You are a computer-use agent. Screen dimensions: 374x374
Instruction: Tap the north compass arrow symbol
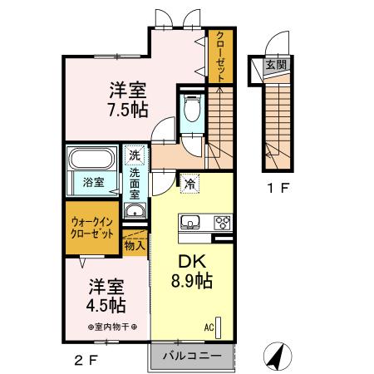277,357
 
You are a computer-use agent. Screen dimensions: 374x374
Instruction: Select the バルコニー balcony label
190,356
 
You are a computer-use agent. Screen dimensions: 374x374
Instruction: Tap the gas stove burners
223,222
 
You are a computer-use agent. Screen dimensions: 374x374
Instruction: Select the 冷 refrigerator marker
190,182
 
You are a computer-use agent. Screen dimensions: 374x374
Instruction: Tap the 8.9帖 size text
192,281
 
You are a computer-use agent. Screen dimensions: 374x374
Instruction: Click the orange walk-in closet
92,228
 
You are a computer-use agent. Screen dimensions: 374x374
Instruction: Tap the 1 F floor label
278,188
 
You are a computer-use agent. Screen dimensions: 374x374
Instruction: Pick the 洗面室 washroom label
135,184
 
